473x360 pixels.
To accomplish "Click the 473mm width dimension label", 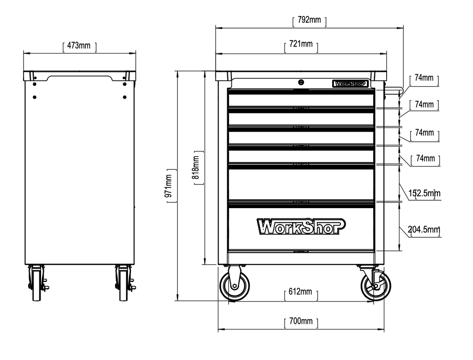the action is (x=79, y=46).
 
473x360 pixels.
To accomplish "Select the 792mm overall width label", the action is (x=309, y=20).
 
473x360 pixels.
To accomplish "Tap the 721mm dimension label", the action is (x=301, y=44).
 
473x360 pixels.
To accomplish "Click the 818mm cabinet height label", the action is (x=195, y=168).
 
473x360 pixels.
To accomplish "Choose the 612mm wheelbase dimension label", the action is (x=300, y=292).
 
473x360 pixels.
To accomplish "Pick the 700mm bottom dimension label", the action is (x=301, y=321).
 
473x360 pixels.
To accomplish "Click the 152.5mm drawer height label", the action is (x=424, y=193).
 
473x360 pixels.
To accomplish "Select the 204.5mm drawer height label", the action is (x=424, y=229).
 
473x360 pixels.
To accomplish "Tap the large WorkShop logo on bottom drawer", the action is (x=301, y=226).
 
